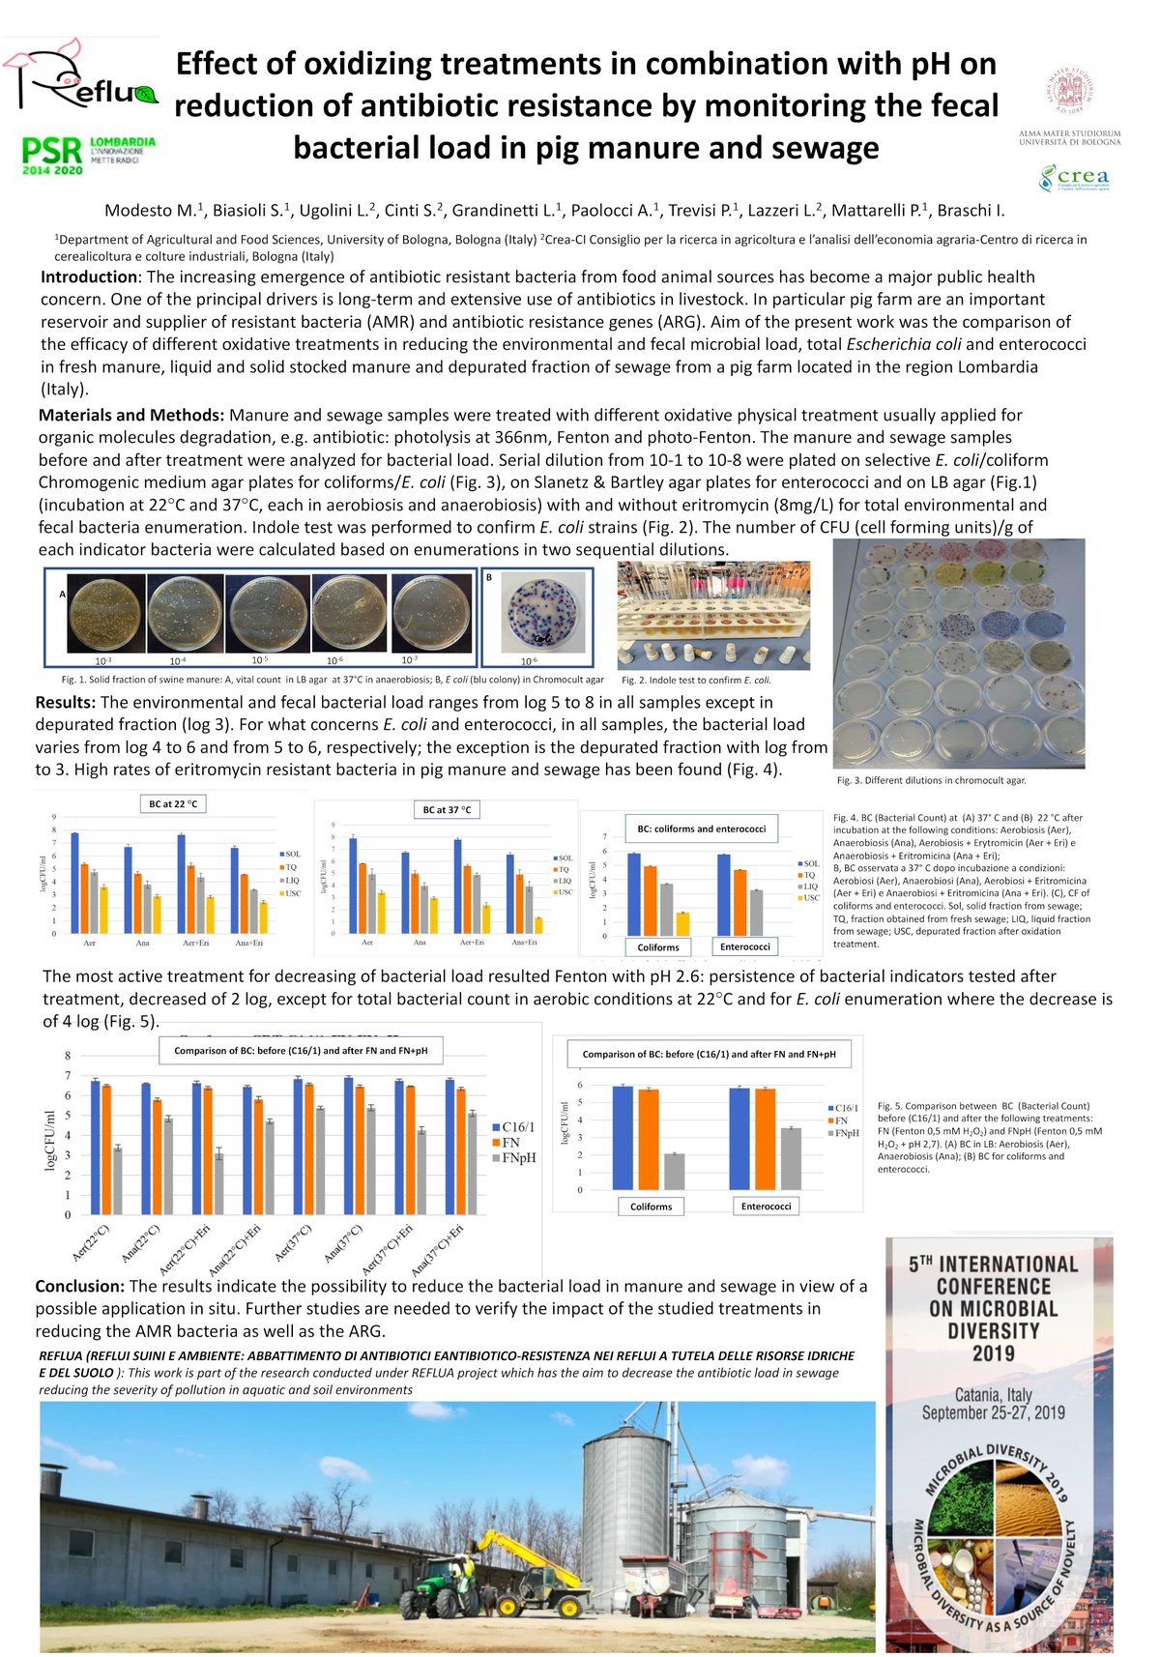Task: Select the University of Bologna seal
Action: click(x=1069, y=93)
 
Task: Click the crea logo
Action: click(x=1073, y=177)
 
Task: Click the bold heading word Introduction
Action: click(x=89, y=277)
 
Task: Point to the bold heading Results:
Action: click(x=66, y=702)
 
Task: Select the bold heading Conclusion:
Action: click(x=80, y=1286)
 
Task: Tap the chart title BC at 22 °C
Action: click(x=173, y=803)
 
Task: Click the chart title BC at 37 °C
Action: click(x=447, y=809)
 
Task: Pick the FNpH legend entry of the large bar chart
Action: click(x=518, y=1157)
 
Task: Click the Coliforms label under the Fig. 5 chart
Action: click(x=651, y=1206)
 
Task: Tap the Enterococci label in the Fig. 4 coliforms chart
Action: click(x=744, y=946)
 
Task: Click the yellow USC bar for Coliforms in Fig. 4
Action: click(x=682, y=923)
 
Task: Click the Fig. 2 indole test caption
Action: click(x=696, y=680)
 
